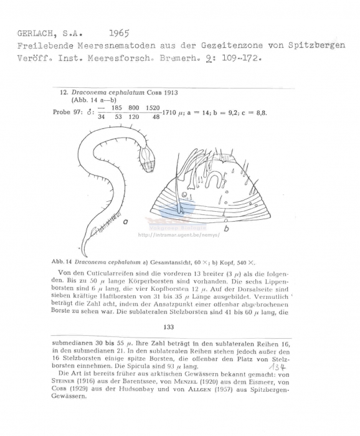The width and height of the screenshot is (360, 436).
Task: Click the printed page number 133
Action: coord(168,326)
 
